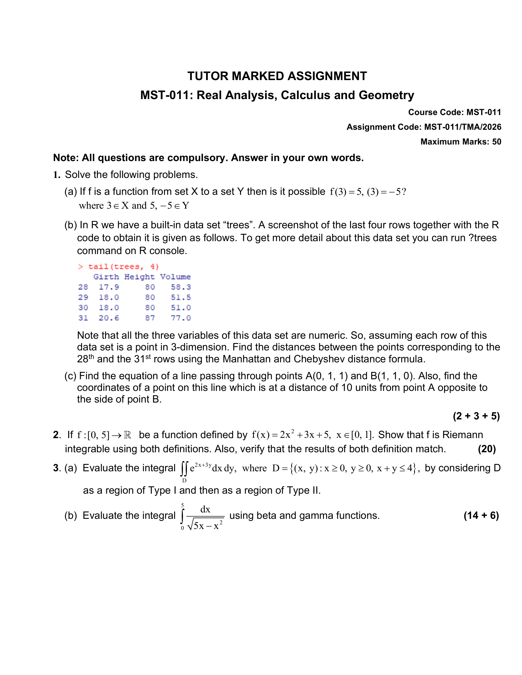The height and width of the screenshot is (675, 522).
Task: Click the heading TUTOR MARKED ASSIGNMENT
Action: tap(277, 76)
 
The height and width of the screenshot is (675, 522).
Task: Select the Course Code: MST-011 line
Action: tap(454, 112)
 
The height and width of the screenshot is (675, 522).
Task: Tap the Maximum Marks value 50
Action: tap(497, 141)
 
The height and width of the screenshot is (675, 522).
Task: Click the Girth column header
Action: tap(106, 277)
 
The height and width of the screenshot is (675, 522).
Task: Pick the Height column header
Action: tap(139, 277)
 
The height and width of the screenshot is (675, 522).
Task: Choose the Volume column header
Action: tap(175, 277)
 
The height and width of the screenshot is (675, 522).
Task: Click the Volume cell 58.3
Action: tap(181, 287)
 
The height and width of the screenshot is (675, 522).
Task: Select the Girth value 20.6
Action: tap(109, 318)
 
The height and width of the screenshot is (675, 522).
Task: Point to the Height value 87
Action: tap(150, 318)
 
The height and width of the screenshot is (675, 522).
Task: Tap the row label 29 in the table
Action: tap(83, 297)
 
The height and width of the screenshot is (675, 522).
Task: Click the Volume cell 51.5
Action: tap(181, 297)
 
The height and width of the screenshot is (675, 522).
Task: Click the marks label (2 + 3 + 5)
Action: tap(476, 416)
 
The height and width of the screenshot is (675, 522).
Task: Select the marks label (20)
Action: tap(487, 449)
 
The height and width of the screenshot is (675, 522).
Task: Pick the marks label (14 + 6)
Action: tap(481, 515)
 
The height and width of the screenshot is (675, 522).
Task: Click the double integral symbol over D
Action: tap(184, 469)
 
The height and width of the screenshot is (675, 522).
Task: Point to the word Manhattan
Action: tap(255, 359)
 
